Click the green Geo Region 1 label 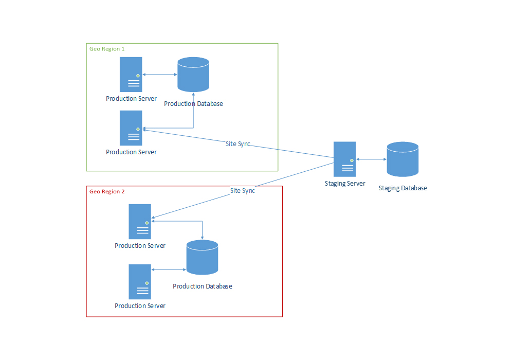pos(107,49)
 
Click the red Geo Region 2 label pos(107,191)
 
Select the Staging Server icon pos(345,159)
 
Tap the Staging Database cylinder pos(402,159)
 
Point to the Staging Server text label pos(345,184)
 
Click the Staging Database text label pos(402,188)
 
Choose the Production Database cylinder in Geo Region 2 pos(202,257)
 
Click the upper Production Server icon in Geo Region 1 pos(131,75)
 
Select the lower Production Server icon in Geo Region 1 pos(131,128)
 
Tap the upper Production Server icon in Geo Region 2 pos(140,222)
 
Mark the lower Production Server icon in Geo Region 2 pos(140,282)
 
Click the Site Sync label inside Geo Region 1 pos(238,144)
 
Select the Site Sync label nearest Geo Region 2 pos(243,191)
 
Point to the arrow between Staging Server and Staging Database pos(371,159)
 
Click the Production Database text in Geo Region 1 pos(193,104)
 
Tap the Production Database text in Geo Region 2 pos(202,286)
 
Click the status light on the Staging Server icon pos(352,160)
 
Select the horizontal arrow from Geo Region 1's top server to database pos(159,75)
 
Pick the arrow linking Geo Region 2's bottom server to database pos(169,269)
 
